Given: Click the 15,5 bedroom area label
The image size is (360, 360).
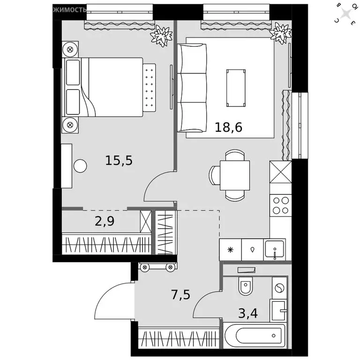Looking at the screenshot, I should pos(119,161).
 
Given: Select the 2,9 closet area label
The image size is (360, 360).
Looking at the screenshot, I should pos(105,221).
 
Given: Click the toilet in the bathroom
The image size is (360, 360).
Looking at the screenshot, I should pos(246,286).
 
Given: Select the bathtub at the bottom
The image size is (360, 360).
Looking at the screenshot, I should pos(254,335).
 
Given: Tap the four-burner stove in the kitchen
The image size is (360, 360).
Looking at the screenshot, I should pos(281,205).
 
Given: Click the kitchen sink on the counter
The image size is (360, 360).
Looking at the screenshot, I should pos(274,249).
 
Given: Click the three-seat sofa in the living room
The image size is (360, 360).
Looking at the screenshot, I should pos(192,88).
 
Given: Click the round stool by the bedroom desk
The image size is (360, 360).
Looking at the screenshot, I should pos(80,166).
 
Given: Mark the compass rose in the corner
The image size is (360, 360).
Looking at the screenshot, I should pos(347,13).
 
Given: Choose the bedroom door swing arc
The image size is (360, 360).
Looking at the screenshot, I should pos(159,187).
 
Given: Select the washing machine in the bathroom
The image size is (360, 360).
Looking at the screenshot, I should pos(279,287).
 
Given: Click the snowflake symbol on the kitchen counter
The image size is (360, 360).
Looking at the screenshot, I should pos(230,249).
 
